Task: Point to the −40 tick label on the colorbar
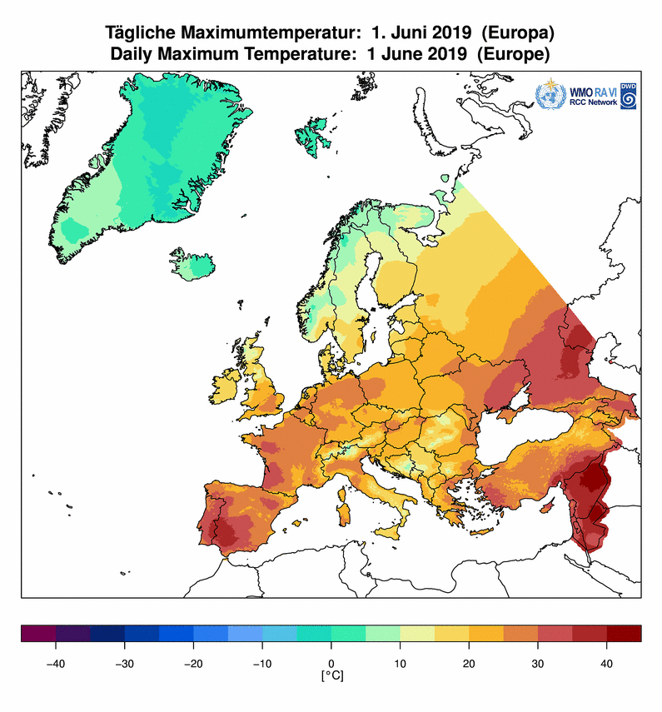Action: (x=55, y=663)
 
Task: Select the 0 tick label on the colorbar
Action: (x=331, y=663)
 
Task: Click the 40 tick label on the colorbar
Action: (x=606, y=663)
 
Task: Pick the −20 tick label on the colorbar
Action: (x=193, y=663)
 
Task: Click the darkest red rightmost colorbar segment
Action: (x=624, y=634)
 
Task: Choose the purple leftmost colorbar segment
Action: (x=38, y=634)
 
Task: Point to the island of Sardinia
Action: (x=341, y=498)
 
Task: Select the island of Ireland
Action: (x=226, y=384)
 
